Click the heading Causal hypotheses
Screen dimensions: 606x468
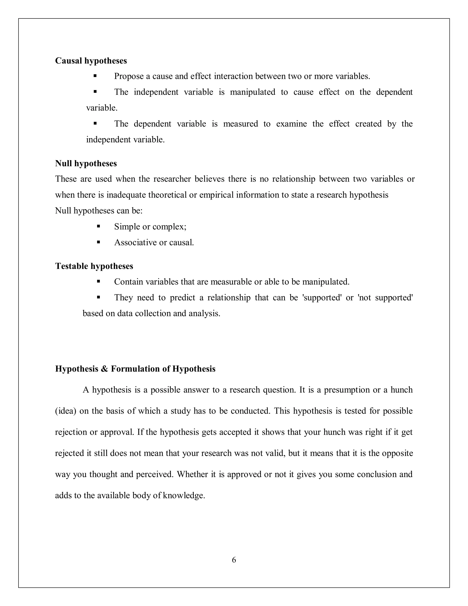(91, 61)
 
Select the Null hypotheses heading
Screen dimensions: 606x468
(86, 164)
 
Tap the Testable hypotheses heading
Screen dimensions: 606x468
(94, 266)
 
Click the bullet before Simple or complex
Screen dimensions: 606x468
(98, 226)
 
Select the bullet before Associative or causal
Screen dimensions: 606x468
(98, 242)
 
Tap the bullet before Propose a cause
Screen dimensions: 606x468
(95, 76)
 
